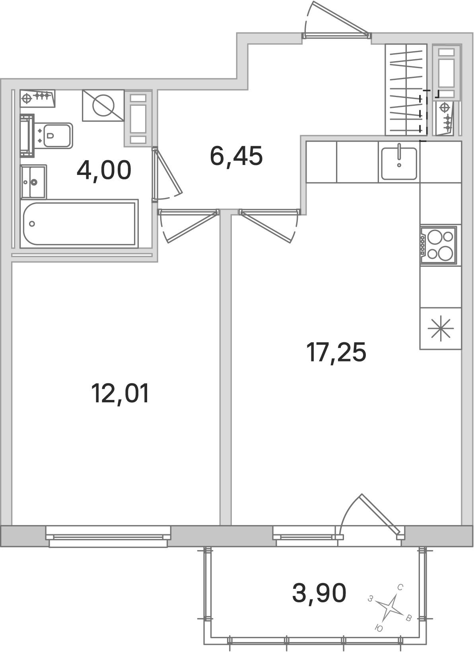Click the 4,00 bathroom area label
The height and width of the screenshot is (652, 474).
click(x=104, y=171)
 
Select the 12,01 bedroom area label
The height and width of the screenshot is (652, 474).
click(x=120, y=393)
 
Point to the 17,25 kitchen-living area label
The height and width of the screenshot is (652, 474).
click(x=336, y=352)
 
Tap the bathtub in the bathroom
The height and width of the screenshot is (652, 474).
click(x=79, y=224)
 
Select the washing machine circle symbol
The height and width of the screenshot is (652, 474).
click(x=104, y=106)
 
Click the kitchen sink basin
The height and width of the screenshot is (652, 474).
click(x=399, y=163)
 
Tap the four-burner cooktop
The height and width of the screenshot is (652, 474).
click(x=438, y=245)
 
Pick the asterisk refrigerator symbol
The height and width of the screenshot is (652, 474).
click(x=441, y=328)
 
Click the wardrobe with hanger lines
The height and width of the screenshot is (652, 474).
click(x=406, y=89)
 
